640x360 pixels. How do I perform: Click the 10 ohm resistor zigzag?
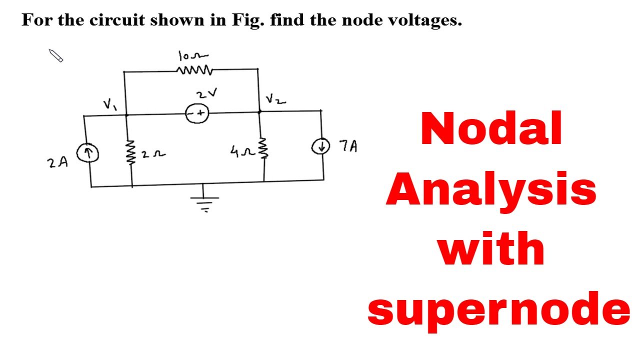point(195,70)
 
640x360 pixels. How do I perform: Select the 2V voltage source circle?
point(196,114)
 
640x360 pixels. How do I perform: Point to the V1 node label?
point(108,104)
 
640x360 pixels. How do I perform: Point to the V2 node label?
point(275,99)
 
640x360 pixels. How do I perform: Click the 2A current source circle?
point(87,153)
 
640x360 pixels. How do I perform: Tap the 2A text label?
point(57,162)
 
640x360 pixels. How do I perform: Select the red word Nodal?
point(491,128)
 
